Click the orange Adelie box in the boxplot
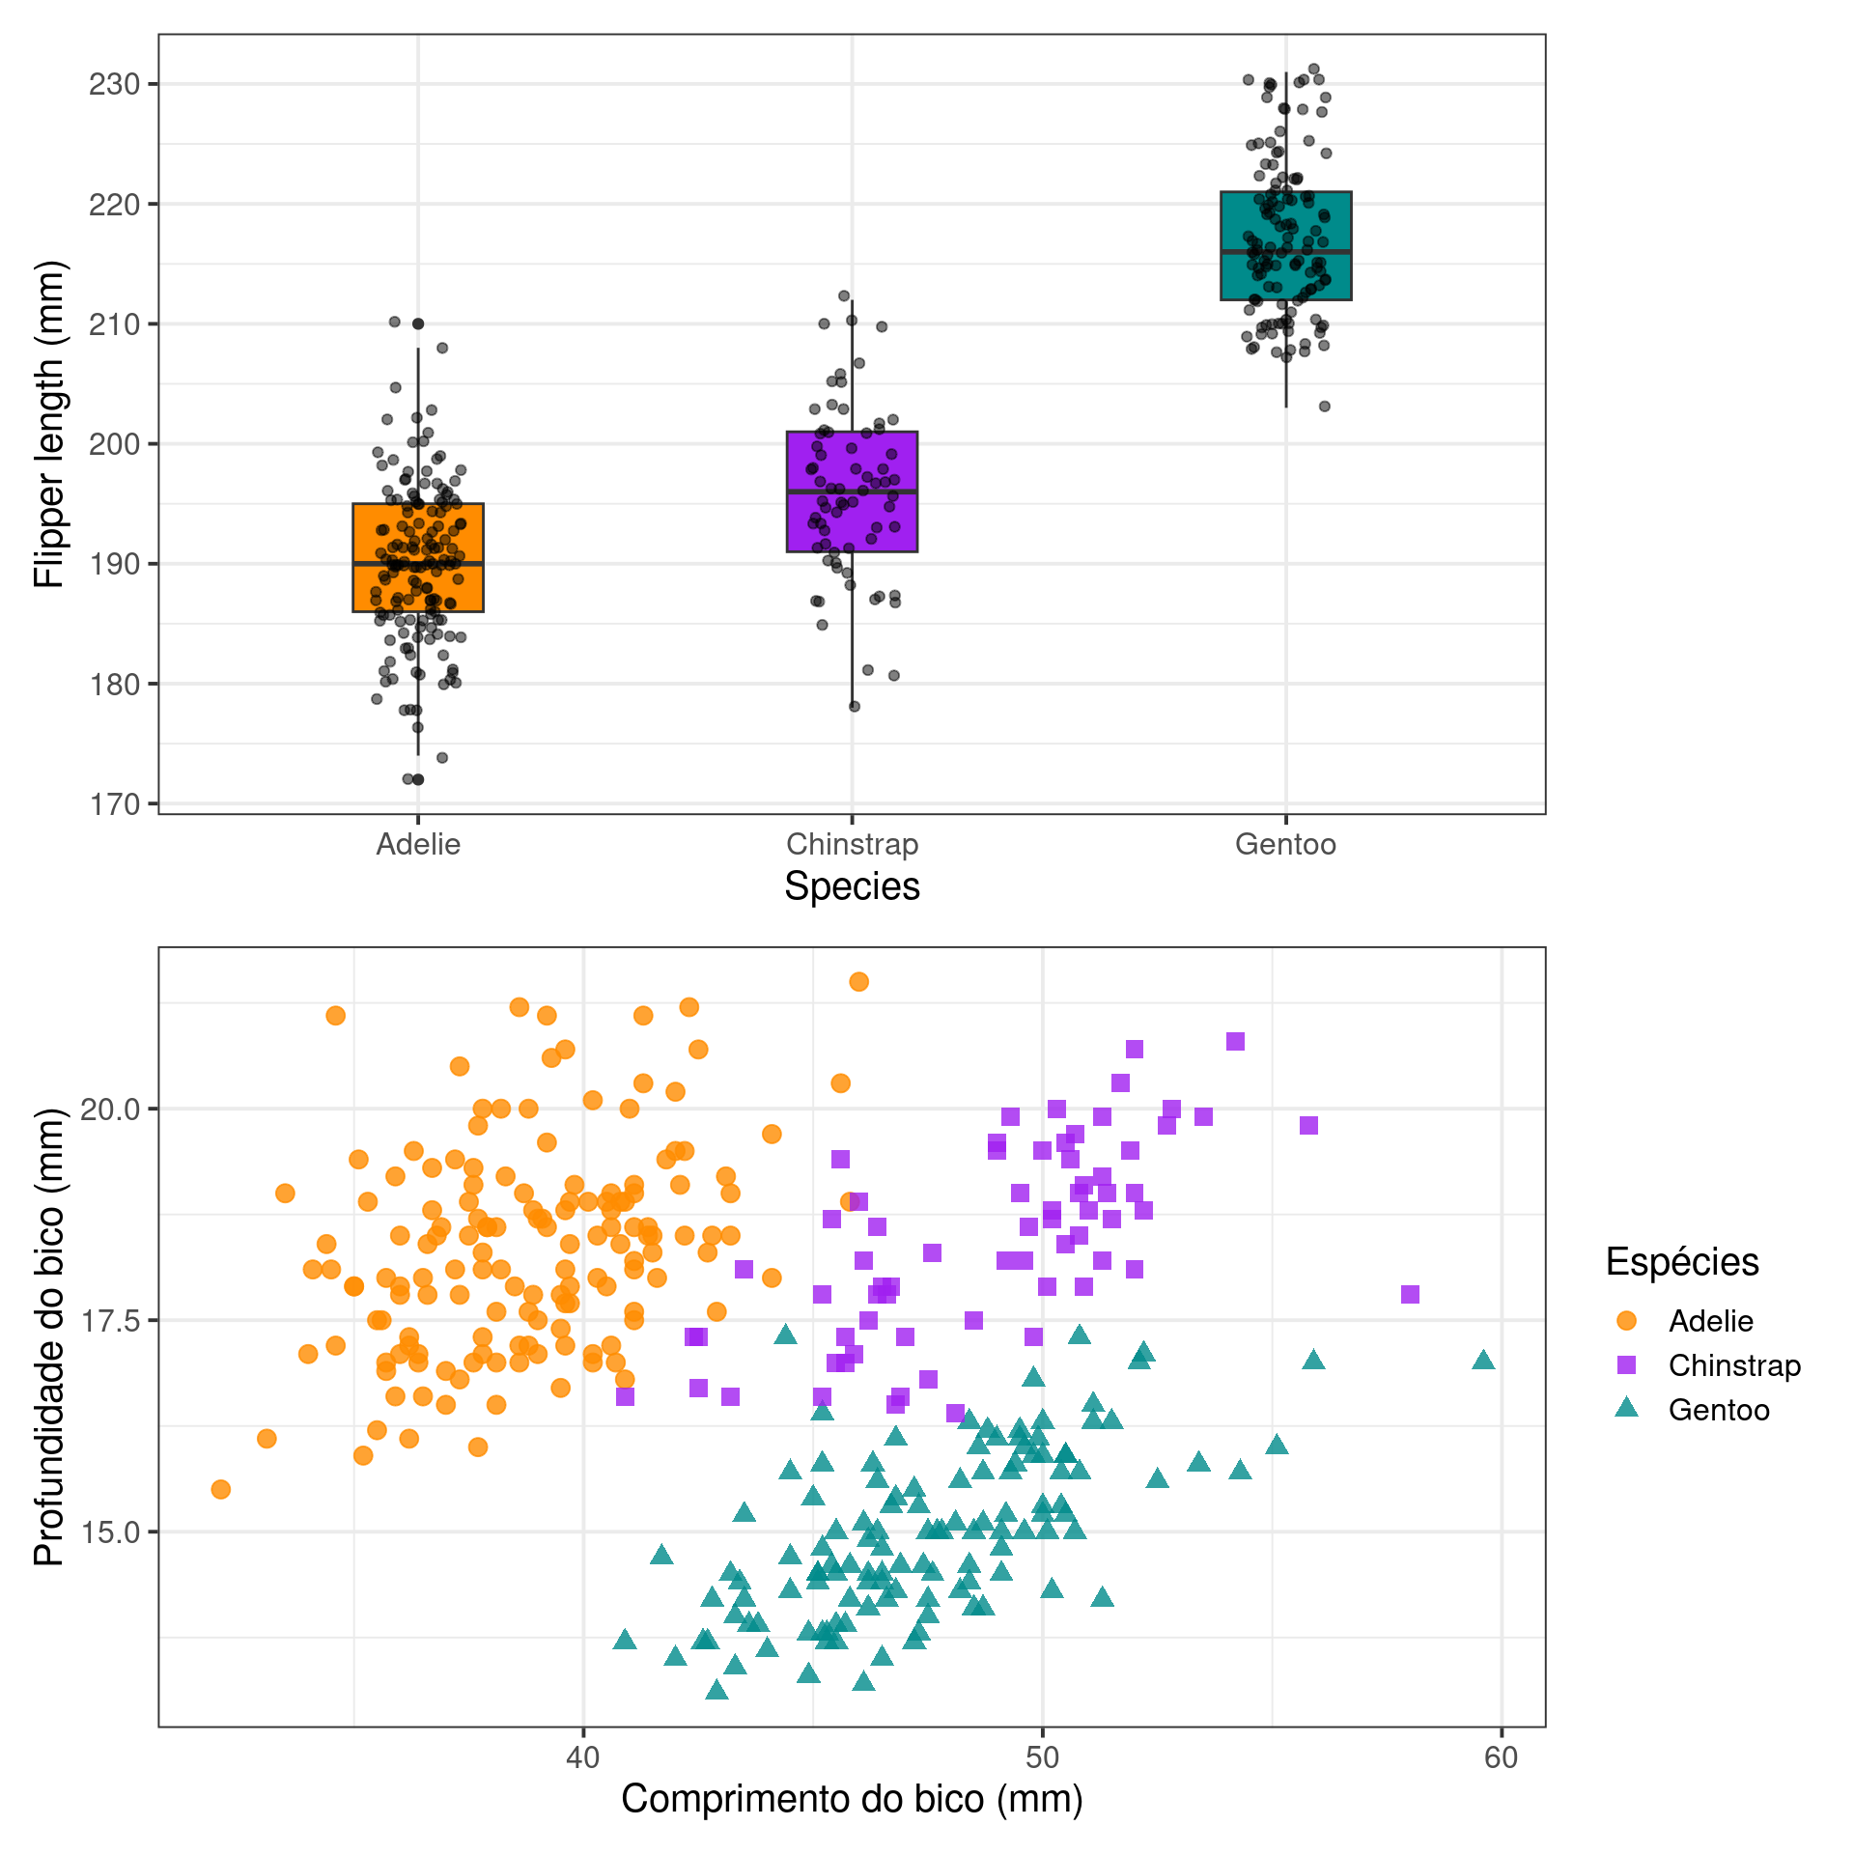pyautogui.click(x=418, y=557)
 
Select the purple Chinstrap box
pyautogui.click(x=852, y=492)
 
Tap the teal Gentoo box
pyautogui.click(x=1285, y=245)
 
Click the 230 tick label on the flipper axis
pyautogui.click(x=114, y=85)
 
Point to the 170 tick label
pyautogui.click(x=114, y=804)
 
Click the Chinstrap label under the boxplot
pyautogui.click(x=852, y=845)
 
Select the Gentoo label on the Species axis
pyautogui.click(x=1285, y=845)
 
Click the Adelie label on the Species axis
pyautogui.click(x=418, y=845)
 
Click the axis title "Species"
pyautogui.click(x=852, y=886)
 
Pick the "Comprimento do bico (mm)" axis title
pyautogui.click(x=852, y=1799)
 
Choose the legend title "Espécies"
pyautogui.click(x=1682, y=1262)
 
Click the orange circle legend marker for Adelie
pyautogui.click(x=1627, y=1320)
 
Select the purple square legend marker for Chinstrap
pyautogui.click(x=1627, y=1365)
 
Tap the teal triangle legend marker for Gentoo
pyautogui.click(x=1627, y=1409)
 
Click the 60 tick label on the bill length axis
pyautogui.click(x=1502, y=1757)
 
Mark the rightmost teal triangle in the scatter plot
pyautogui.click(x=1483, y=1361)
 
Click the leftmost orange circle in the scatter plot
pyautogui.click(x=221, y=1489)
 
